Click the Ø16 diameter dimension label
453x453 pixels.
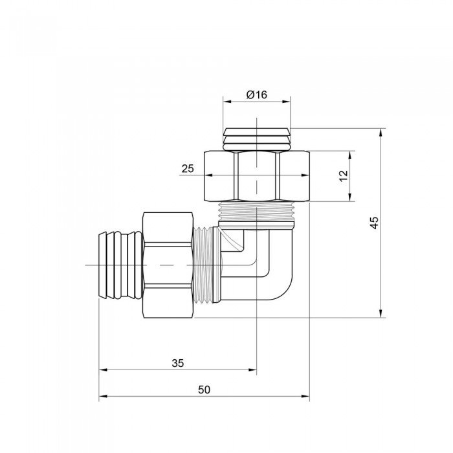point(256,94)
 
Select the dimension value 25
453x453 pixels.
point(188,168)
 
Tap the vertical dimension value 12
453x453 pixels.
point(344,175)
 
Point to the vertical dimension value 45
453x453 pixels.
point(374,223)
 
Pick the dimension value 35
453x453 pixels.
point(178,363)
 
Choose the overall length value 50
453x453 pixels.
point(204,390)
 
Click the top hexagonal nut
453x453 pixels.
point(257,176)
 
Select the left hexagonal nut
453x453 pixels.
point(168,265)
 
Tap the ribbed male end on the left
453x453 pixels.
point(120,265)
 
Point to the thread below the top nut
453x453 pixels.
point(257,211)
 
